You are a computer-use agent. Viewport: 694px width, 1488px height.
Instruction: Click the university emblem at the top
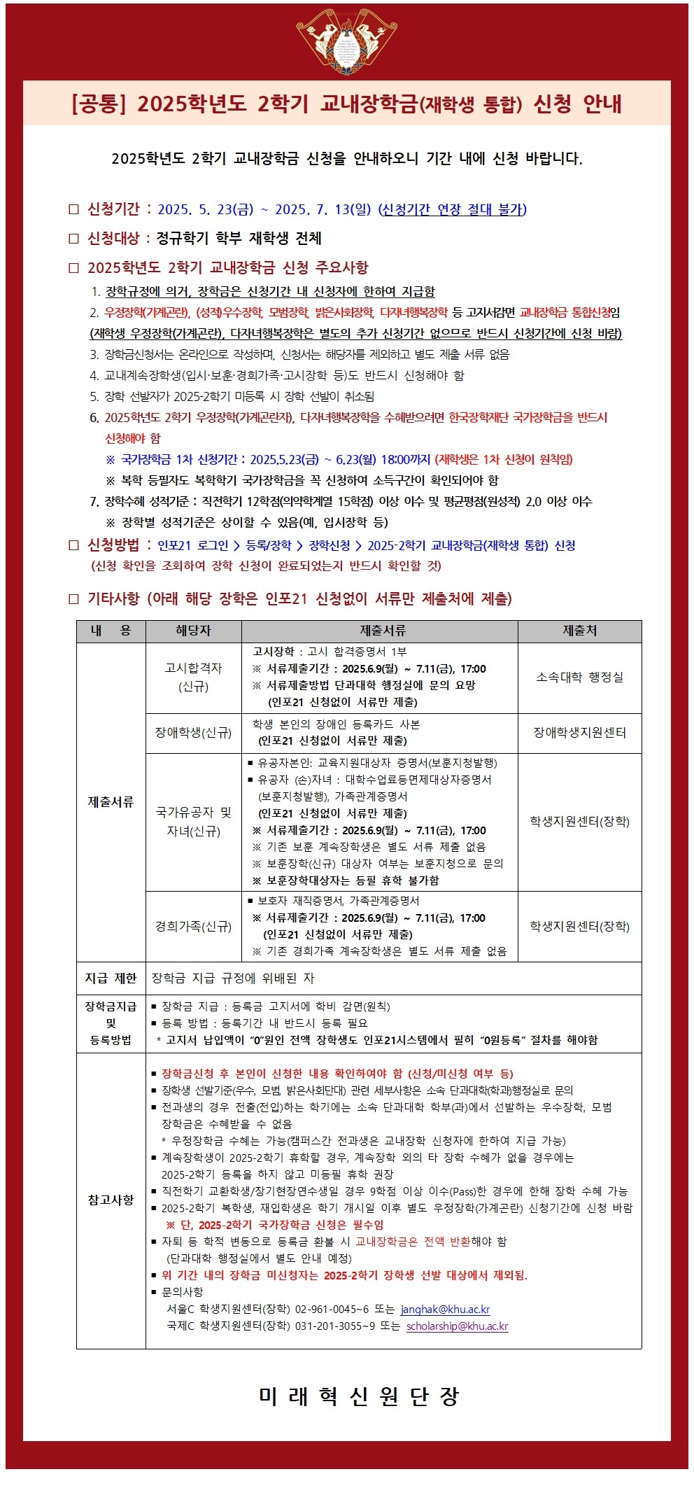346,41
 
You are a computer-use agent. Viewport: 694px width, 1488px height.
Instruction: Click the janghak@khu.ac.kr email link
445,1309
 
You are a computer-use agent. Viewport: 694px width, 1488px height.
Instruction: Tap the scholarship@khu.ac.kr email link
457,1326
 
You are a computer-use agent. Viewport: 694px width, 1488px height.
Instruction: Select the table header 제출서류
379,631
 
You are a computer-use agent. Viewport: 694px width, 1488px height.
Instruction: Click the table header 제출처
579,631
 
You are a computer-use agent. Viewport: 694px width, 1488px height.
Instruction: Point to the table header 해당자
193,631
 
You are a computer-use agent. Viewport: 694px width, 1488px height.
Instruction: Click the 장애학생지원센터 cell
579,732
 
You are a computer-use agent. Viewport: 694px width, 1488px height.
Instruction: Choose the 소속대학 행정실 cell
579,677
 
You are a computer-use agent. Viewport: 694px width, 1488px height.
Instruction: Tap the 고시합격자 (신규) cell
193,677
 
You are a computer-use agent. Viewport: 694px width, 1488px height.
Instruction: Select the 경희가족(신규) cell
193,926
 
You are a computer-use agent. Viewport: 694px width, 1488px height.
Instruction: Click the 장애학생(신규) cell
193,732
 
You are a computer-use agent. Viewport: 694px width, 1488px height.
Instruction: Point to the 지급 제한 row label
111,978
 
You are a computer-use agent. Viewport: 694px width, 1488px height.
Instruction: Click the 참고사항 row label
111,1200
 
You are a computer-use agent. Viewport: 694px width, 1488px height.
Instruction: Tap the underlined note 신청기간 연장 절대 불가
453,209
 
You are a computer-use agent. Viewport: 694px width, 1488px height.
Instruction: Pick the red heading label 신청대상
113,238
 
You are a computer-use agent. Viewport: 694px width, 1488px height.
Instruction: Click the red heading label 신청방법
113,545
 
